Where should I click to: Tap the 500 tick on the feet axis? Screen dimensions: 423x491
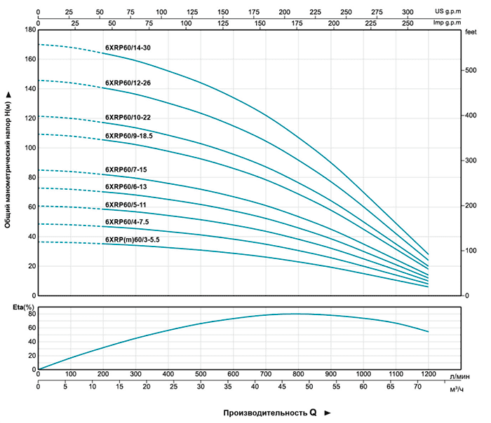click(x=471, y=70)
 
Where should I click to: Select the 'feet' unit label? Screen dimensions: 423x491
click(x=470, y=33)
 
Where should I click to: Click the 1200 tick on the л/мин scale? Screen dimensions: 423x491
click(x=428, y=375)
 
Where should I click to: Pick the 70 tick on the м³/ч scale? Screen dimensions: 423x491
click(x=418, y=387)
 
